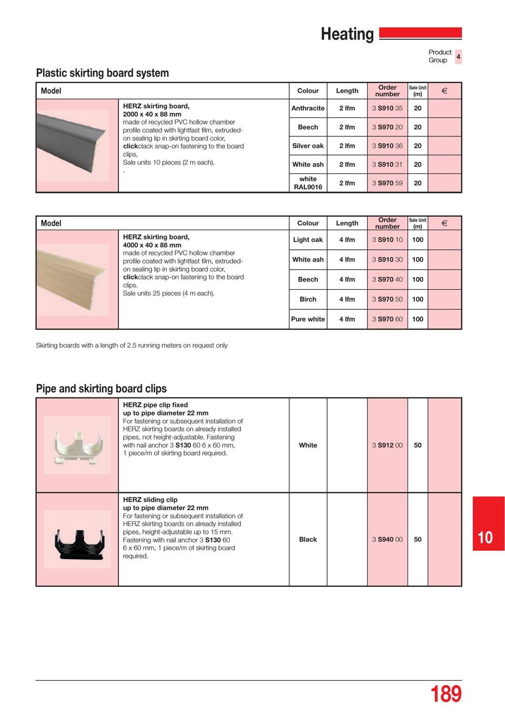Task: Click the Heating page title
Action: [x=347, y=34]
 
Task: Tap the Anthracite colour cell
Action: [x=308, y=108]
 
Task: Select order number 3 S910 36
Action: [x=387, y=146]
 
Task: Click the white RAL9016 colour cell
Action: [x=308, y=183]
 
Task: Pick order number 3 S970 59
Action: [x=387, y=183]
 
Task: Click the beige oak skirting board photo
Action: [x=73, y=280]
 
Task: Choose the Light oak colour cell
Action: [x=308, y=240]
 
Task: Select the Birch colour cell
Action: [x=308, y=300]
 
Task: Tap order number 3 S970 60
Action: [x=387, y=319]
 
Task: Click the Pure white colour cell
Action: [x=308, y=319]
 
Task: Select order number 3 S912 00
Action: [x=387, y=445]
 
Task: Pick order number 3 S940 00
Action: [x=387, y=540]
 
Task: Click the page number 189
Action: [x=446, y=694]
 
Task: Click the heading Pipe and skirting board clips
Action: [x=101, y=389]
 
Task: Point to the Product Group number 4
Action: [x=458, y=56]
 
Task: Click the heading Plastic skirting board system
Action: [x=102, y=73]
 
